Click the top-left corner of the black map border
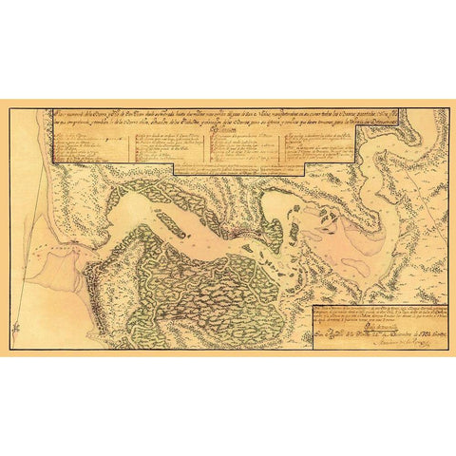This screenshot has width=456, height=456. pos(9,108)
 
